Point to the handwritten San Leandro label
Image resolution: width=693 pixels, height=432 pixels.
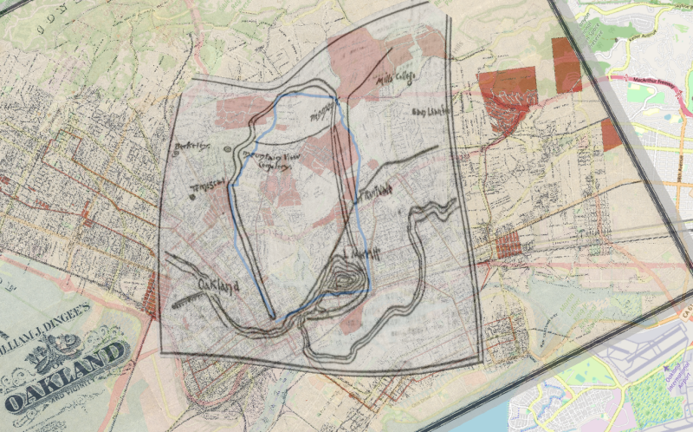pyautogui.click(x=431, y=112)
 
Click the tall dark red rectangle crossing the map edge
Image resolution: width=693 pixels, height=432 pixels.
pyautogui.click(x=567, y=65)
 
